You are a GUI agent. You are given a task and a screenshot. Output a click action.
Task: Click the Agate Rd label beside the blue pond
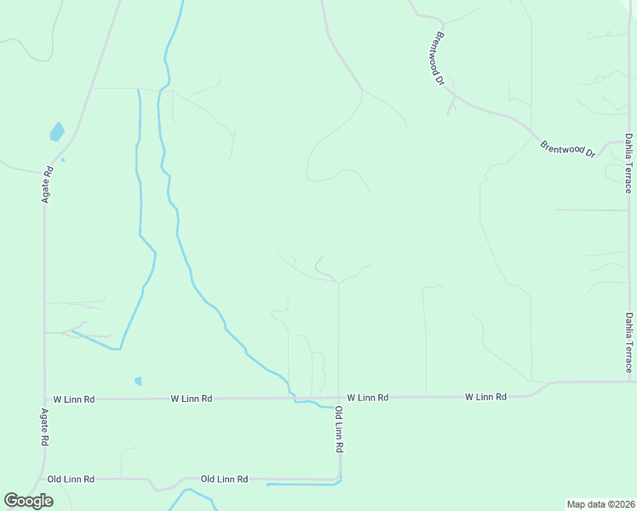pos(48,183)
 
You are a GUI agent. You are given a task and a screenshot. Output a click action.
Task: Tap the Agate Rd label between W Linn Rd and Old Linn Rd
pos(45,428)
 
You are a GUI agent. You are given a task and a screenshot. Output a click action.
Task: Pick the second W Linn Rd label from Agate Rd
pos(191,398)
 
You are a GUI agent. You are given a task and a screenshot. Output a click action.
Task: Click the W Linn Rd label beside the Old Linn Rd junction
pos(368,398)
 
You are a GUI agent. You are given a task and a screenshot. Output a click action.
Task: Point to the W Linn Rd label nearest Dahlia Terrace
pos(485,397)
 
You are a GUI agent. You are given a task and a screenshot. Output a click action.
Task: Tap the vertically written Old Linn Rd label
pos(338,429)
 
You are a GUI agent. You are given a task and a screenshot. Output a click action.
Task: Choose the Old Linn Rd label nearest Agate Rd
pos(71,479)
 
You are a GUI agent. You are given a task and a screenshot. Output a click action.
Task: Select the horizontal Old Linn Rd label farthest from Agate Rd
pos(224,479)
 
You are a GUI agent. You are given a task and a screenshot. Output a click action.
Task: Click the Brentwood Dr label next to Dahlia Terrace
pos(567,148)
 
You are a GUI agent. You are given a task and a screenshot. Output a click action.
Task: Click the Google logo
pos(29,501)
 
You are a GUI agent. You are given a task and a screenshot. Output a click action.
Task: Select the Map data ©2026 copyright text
pos(600,504)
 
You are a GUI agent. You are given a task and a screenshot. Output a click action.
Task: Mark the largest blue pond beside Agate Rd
pos(57,131)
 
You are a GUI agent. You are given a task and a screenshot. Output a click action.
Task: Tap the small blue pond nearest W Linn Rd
pos(138,382)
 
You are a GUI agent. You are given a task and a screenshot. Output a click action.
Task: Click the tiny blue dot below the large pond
pos(63,160)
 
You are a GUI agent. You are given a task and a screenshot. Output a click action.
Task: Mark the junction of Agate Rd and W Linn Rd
pos(45,399)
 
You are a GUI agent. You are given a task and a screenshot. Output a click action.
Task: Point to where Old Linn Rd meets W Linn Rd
pos(338,398)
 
